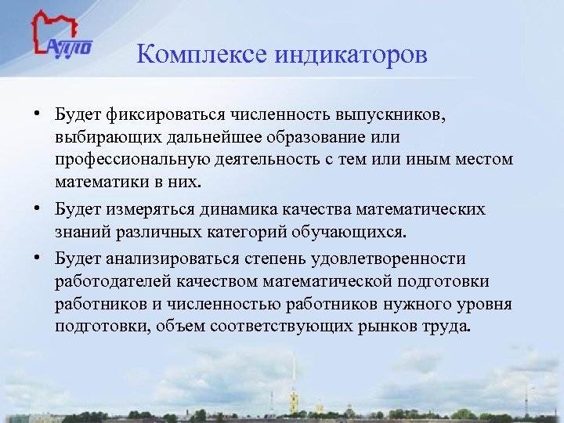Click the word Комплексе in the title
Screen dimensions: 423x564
202,56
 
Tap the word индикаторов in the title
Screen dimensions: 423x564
351,56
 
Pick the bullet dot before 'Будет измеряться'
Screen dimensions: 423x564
37,209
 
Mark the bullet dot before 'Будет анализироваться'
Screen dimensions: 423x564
37,257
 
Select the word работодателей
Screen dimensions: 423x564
104,280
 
